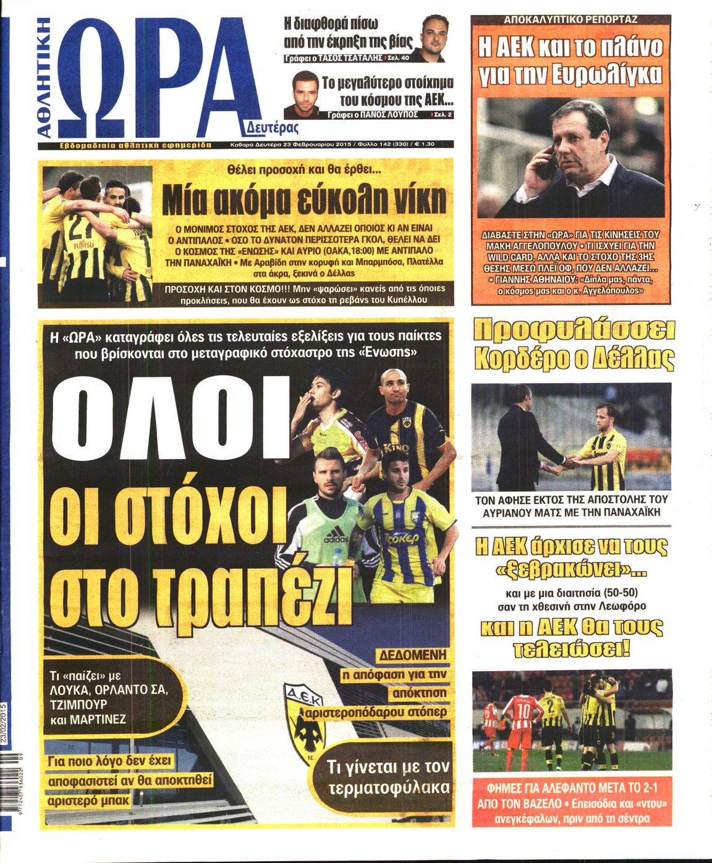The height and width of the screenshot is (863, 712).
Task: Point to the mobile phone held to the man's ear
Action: [544, 161]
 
